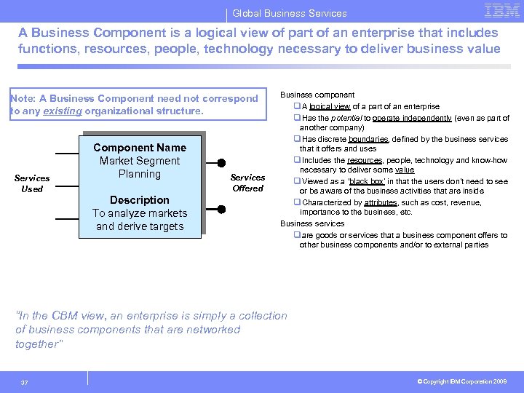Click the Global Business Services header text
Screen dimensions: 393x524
pos(290,13)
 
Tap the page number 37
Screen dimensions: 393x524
pos(25,383)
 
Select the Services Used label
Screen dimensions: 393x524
pos(32,183)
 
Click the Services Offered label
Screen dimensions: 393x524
pos(247,183)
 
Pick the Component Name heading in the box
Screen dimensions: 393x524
pos(140,148)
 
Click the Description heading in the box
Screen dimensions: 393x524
pos(139,200)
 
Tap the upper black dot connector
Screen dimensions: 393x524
pos(222,163)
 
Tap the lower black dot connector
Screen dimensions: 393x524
pos(222,210)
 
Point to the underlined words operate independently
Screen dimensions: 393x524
pos(417,118)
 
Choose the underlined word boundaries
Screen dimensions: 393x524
pos(368,139)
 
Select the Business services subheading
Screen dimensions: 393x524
pos(312,223)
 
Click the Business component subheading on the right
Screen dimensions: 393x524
pos(317,95)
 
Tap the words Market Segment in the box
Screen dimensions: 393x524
pos(140,161)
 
